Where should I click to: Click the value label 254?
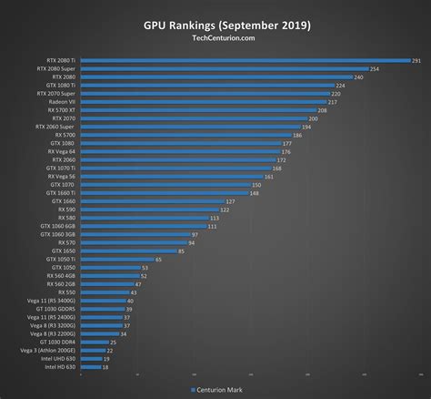coord(376,68)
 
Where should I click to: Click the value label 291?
coord(416,60)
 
